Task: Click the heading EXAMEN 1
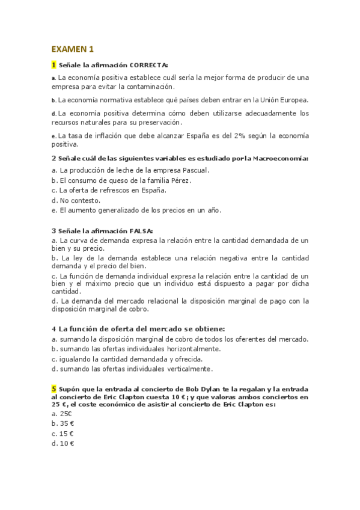click(73, 49)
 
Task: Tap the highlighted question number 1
click(54, 64)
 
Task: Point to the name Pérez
click(178, 180)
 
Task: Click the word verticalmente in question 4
click(188, 369)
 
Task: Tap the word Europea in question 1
click(294, 100)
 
